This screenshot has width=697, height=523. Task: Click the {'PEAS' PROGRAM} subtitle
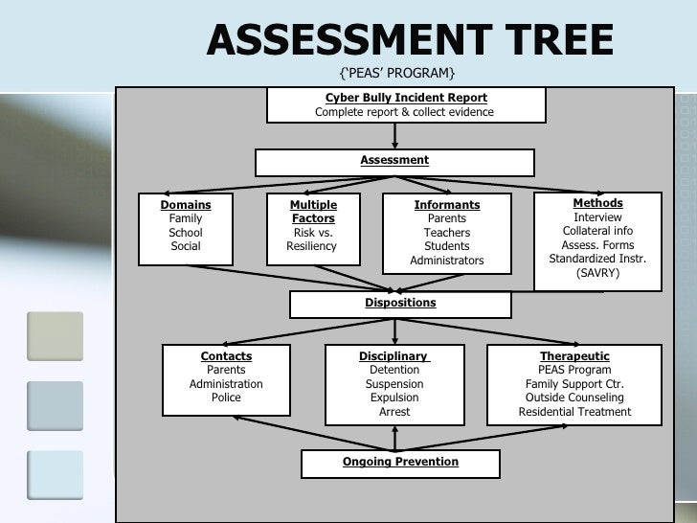pos(397,74)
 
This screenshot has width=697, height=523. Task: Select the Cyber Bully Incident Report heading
pos(406,98)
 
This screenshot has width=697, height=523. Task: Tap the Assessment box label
pos(394,160)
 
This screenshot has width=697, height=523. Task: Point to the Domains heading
pos(186,205)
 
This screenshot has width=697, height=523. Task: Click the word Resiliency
pos(312,246)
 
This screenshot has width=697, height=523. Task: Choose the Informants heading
pos(447,205)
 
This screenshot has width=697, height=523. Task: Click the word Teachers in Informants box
pos(447,233)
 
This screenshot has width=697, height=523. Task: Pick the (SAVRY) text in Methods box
pos(597,273)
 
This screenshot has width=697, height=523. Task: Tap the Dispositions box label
pos(400,303)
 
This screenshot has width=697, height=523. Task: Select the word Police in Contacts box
pos(226,398)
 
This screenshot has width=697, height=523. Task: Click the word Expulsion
pos(394,398)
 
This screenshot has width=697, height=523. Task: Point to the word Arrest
pos(394,412)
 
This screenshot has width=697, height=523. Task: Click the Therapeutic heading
pos(574,356)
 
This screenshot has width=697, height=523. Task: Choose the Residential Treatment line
pos(574,412)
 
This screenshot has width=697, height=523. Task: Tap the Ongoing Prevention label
pos(400,462)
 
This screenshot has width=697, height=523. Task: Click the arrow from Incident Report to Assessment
pos(395,135)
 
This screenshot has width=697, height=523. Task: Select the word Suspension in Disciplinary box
pos(394,384)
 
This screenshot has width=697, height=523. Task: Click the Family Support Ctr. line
pos(574,384)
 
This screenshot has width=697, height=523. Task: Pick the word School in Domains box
pos(186,233)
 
